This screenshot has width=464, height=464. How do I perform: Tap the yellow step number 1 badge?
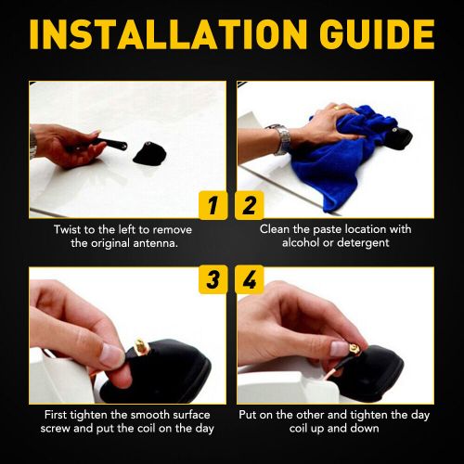coord(213,206)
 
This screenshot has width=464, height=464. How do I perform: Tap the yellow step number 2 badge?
coord(250,206)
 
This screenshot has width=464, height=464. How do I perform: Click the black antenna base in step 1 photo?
coord(149,153)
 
